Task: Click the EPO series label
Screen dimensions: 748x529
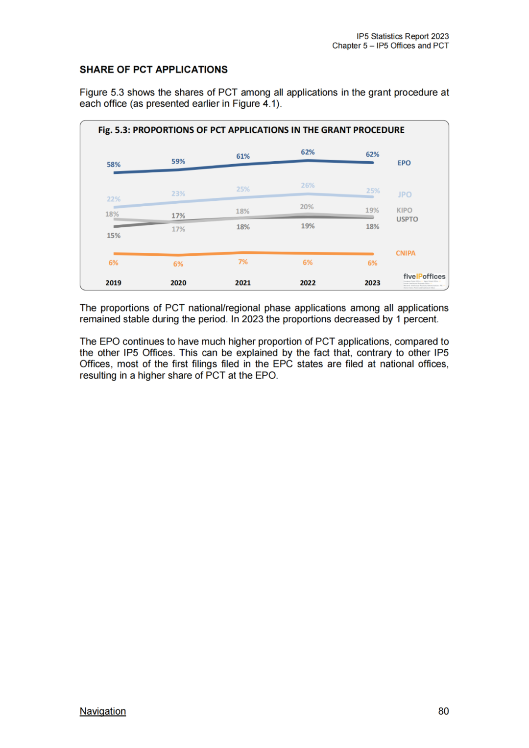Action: pos(404,163)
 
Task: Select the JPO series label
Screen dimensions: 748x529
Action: pos(405,194)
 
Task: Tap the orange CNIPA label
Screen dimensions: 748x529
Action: pos(406,253)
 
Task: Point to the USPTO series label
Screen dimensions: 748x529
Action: pos(407,219)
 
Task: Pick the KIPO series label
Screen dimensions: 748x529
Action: pos(404,210)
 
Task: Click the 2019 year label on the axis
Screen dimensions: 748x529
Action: pos(113,283)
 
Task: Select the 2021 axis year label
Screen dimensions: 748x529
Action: pos(242,283)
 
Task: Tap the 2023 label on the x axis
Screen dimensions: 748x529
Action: pos(372,283)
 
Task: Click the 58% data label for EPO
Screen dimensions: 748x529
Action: pos(114,165)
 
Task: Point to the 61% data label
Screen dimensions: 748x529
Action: pos(243,156)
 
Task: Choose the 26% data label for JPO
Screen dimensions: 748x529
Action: pos(308,185)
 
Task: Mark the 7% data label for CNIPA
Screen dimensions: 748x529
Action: pos(243,262)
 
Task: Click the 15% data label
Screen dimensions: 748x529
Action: pos(114,236)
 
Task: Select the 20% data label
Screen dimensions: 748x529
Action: pos(307,207)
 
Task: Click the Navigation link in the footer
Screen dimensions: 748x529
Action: pos(103,711)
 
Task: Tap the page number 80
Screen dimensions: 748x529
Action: pos(443,711)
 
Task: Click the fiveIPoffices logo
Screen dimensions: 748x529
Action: pos(424,277)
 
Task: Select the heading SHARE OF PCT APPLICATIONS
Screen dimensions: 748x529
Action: pos(154,70)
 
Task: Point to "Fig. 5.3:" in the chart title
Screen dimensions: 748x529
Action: pos(114,130)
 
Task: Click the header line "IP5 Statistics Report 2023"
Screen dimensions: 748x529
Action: pos(403,36)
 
